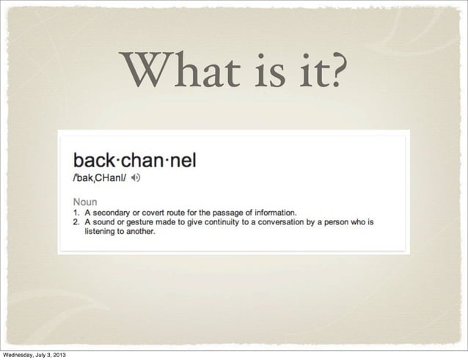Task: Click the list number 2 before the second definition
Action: click(75, 222)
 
